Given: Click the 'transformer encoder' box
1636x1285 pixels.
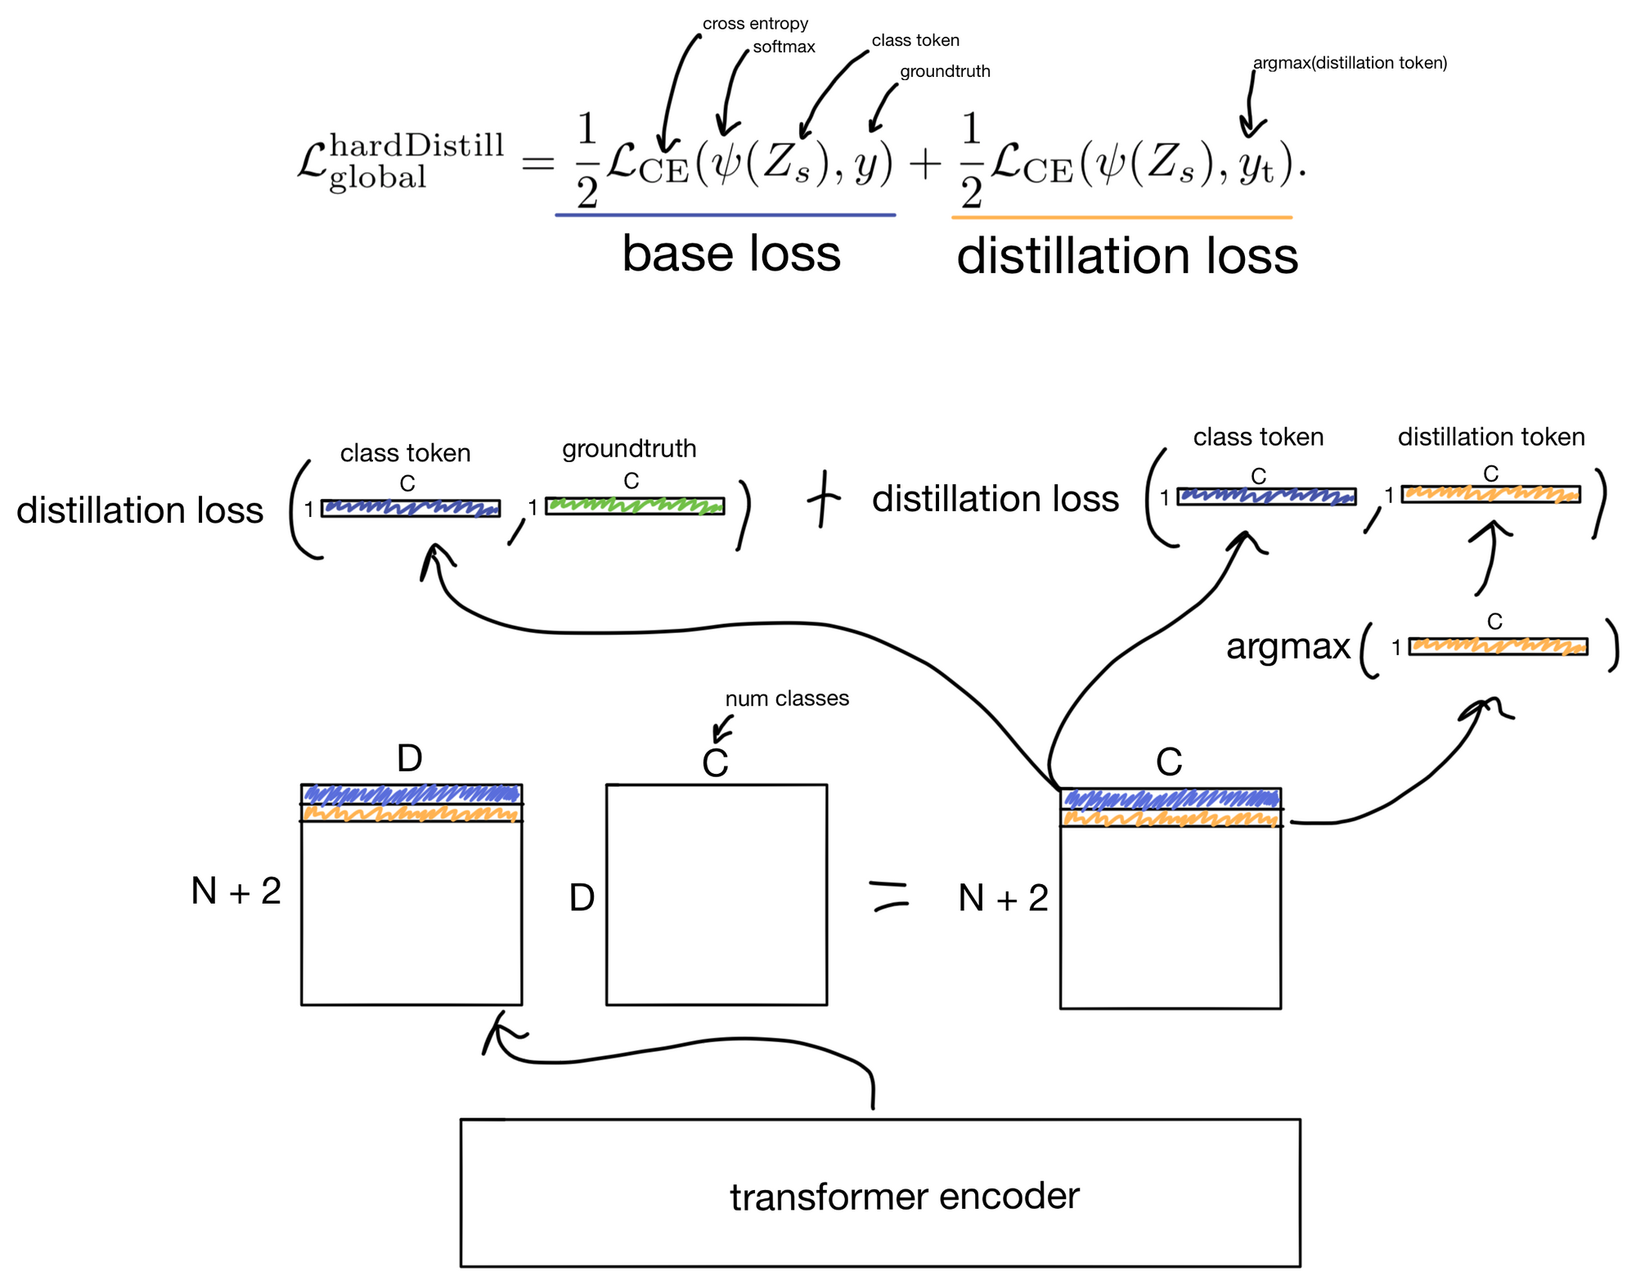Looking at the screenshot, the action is tap(880, 1193).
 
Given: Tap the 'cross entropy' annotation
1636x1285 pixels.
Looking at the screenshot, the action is tap(755, 24).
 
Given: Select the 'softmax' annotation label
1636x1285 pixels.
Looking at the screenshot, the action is tap(784, 47).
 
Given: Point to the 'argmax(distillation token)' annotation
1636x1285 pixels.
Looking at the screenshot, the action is tap(1350, 63).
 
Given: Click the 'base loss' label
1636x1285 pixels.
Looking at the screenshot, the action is tap(731, 254).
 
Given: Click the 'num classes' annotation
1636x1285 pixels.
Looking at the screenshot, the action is tap(787, 698).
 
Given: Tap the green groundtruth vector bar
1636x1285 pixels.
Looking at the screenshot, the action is tap(635, 505).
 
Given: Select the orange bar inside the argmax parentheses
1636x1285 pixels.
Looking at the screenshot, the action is tap(1498, 646).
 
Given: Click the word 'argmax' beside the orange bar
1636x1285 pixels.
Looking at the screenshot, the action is tap(1288, 646).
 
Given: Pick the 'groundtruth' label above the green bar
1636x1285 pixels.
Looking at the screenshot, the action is tap(629, 448).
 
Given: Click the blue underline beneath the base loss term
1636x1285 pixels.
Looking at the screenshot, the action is tap(726, 215).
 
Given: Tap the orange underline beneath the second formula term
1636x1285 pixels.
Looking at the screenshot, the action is tap(1121, 218).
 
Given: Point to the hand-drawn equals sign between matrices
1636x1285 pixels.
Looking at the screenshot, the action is tap(889, 893).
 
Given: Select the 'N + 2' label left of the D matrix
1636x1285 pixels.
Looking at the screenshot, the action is tap(236, 891).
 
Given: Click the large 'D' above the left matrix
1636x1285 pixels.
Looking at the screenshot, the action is tap(410, 758).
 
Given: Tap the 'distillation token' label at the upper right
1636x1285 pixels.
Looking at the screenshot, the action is tap(1491, 437).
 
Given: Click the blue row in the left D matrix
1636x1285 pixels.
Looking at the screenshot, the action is tap(411, 793).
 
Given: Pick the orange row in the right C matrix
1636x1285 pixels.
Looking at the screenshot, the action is tap(1171, 818).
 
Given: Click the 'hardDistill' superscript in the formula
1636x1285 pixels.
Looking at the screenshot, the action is tap(417, 146).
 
